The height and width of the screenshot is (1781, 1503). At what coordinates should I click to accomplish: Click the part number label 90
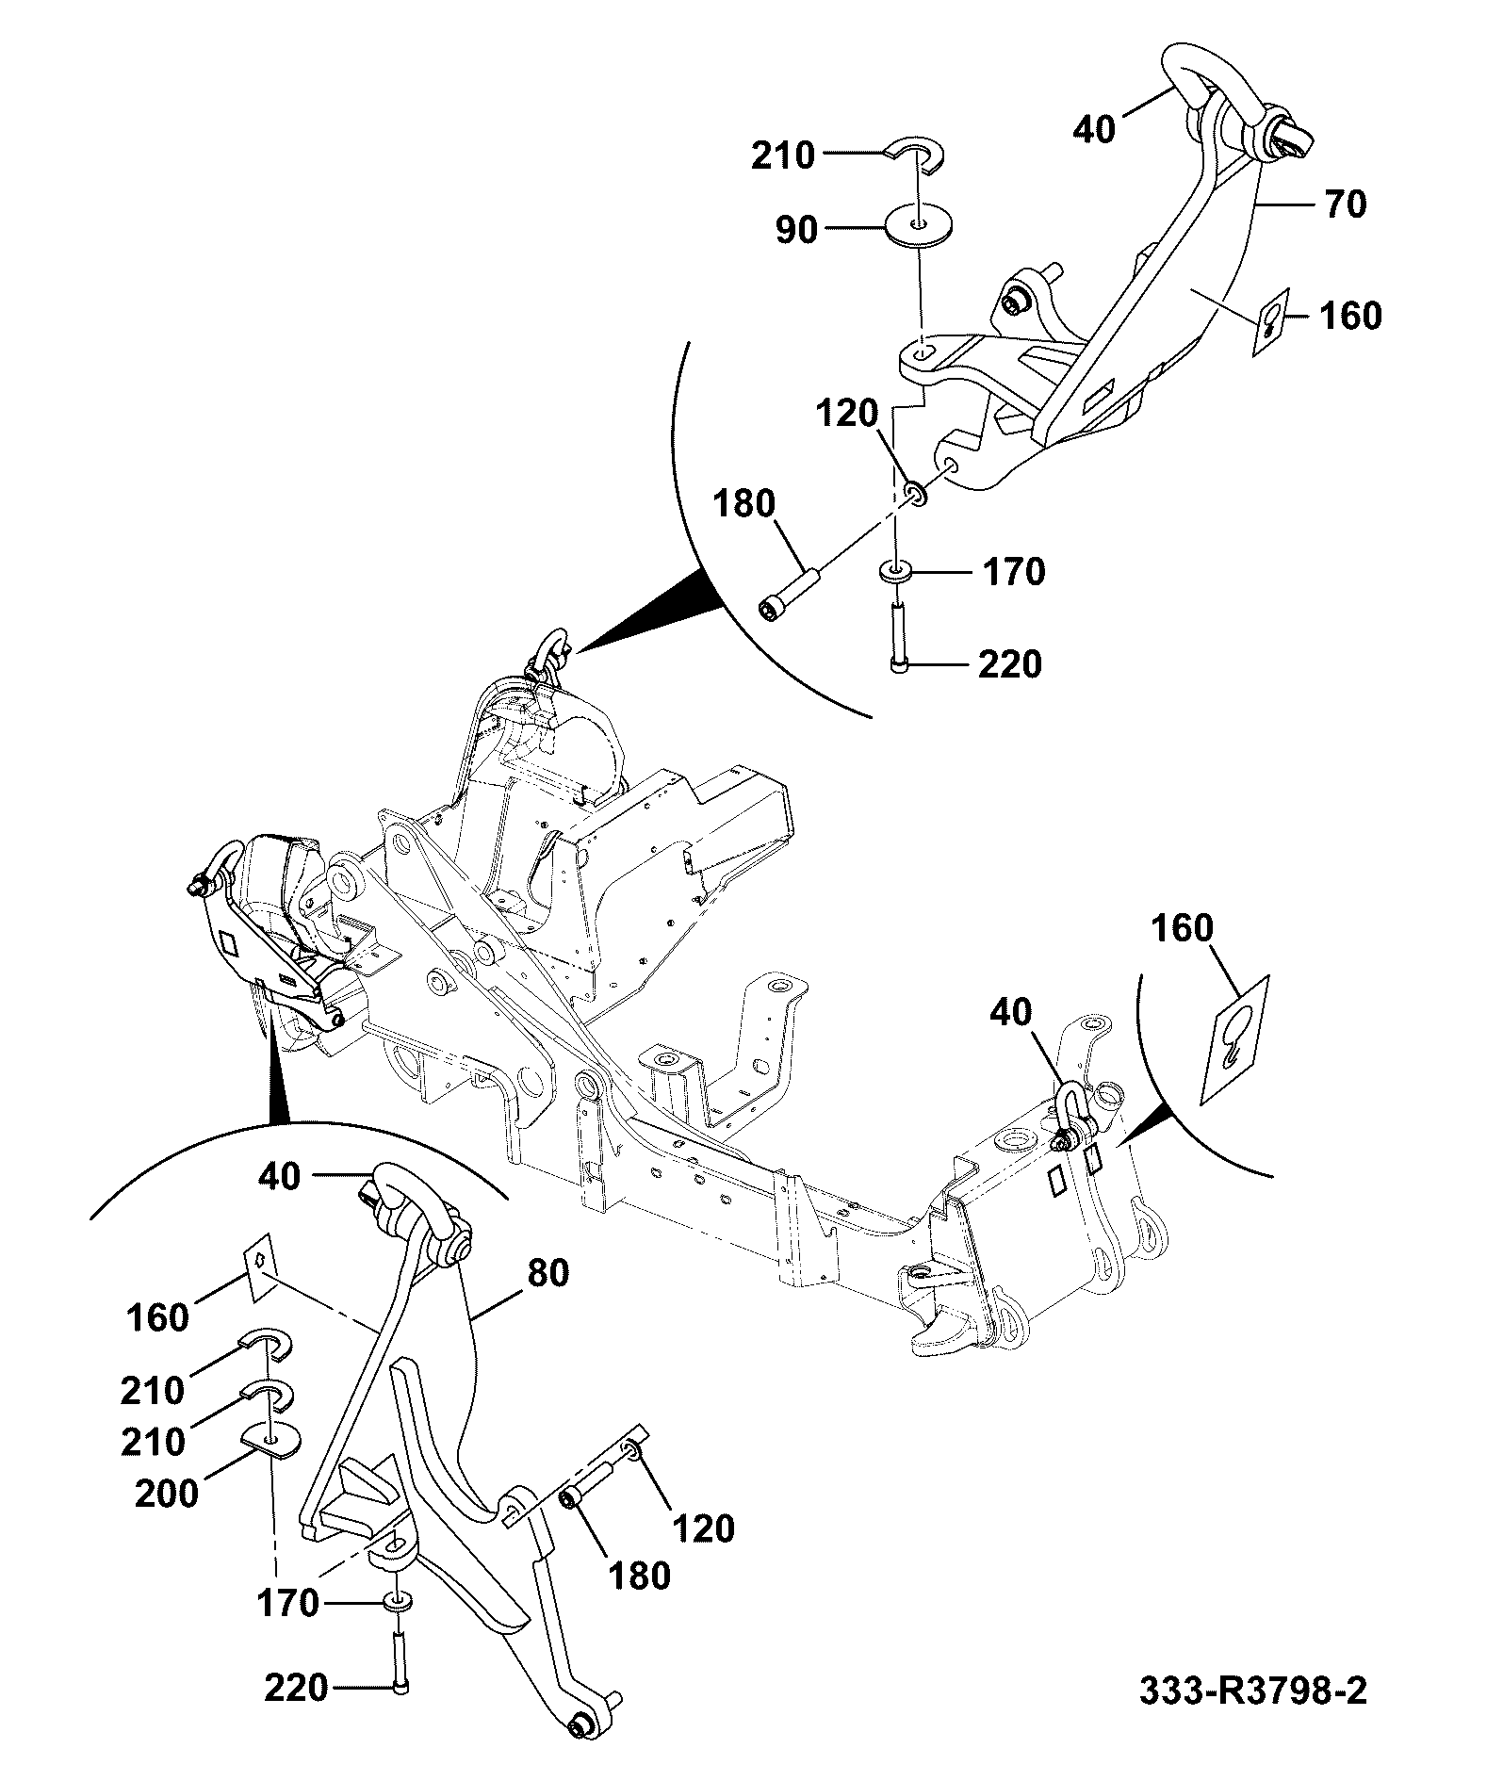click(796, 229)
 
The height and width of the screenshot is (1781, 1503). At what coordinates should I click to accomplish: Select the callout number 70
click(1345, 204)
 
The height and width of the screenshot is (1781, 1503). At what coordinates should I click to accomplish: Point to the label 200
click(167, 1494)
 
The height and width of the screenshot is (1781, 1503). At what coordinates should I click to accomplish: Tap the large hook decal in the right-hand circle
click(1235, 1038)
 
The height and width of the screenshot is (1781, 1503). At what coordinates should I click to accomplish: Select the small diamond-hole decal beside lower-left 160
click(258, 1266)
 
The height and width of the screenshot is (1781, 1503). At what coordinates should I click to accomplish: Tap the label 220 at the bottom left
click(296, 1688)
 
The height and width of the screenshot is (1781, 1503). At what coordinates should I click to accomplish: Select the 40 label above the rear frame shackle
click(1011, 1014)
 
